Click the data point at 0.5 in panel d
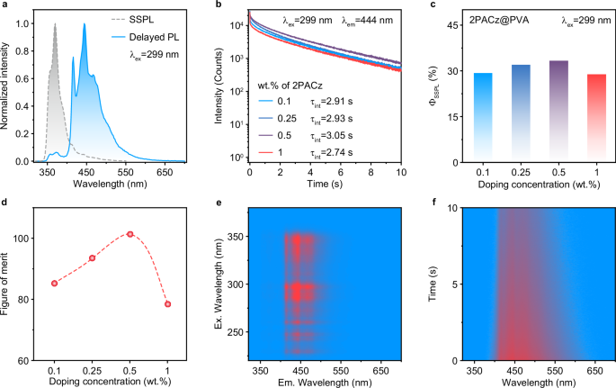tap(130, 234)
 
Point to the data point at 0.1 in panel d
tap(55, 283)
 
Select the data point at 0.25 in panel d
tap(93, 258)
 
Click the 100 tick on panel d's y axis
tap(26, 238)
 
